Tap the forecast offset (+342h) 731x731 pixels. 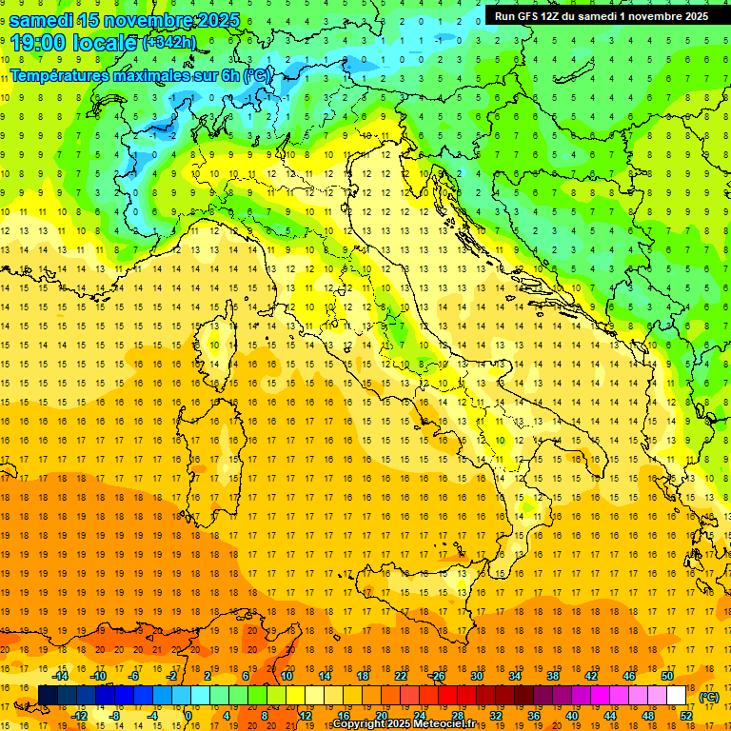click(x=170, y=43)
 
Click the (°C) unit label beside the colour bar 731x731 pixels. click(x=709, y=697)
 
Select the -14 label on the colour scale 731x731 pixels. click(x=60, y=676)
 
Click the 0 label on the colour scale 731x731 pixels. click(x=188, y=716)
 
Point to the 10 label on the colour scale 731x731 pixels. click(x=286, y=676)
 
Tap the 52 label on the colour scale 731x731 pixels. click(x=685, y=716)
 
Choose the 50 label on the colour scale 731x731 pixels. click(x=666, y=676)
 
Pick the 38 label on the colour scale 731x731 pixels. click(x=552, y=676)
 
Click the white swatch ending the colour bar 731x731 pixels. click(x=676, y=696)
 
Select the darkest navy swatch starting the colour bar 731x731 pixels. click(x=48, y=696)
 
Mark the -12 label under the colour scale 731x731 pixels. click(x=79, y=716)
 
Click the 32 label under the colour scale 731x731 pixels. click(x=495, y=716)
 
